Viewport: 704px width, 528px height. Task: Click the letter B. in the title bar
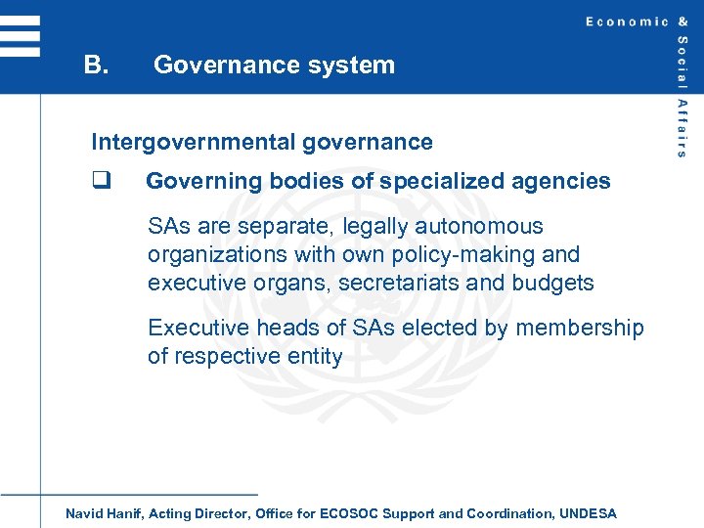click(x=95, y=66)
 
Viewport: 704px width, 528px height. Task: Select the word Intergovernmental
click(x=193, y=142)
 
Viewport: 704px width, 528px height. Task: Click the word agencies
click(x=568, y=181)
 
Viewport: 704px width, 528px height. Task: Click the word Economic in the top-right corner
click(x=627, y=22)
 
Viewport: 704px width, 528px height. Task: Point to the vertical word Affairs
click(x=682, y=128)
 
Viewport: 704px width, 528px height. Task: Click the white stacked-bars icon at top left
click(x=21, y=36)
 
